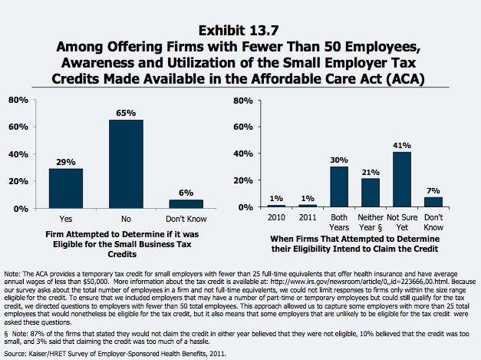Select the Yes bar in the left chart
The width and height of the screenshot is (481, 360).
(66, 188)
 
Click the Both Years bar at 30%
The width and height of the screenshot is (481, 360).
(339, 187)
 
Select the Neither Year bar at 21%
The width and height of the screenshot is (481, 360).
(370, 193)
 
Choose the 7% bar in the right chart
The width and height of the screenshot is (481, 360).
(433, 203)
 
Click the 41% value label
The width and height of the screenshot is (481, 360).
(402, 146)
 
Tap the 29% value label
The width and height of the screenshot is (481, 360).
(66, 163)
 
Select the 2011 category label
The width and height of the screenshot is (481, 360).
(308, 217)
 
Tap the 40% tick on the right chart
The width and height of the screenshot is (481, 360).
(242, 154)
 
